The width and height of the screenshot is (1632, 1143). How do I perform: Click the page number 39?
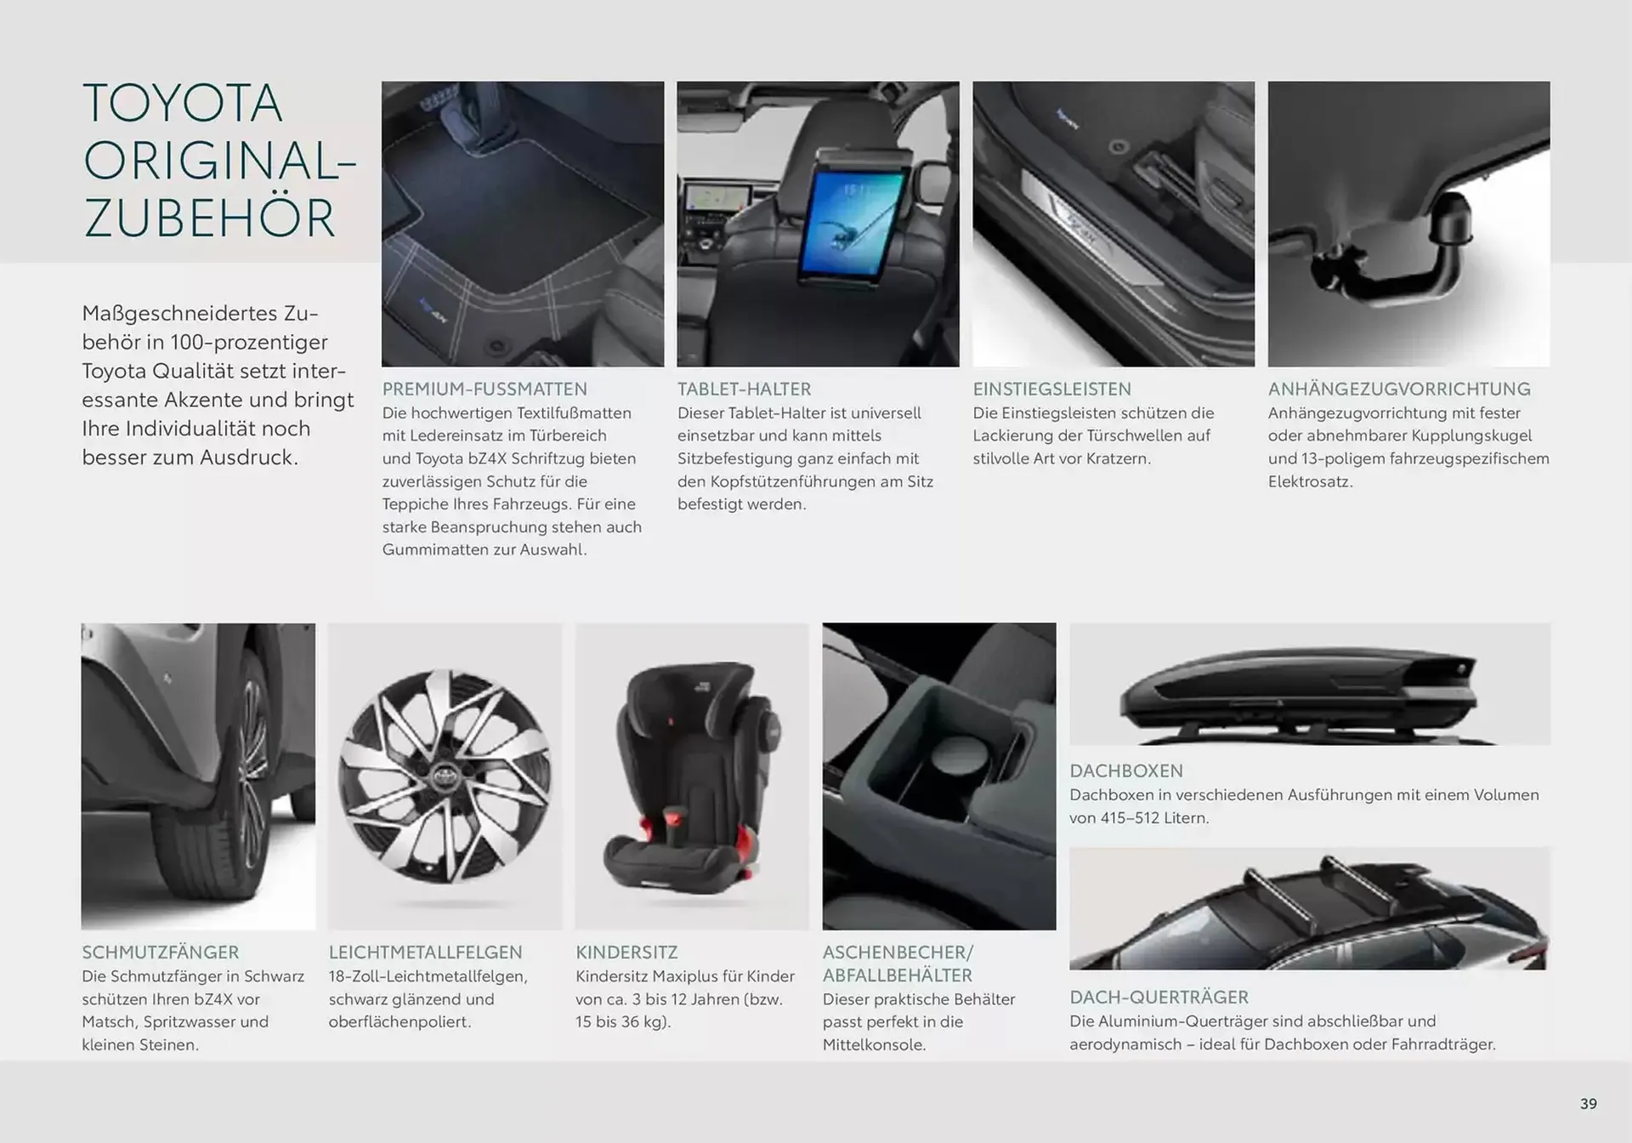[1588, 1104]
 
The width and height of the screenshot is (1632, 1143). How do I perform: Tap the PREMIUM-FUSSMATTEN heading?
[484, 389]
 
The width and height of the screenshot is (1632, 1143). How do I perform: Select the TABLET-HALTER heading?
[744, 389]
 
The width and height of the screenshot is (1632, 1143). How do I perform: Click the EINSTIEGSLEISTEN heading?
[1051, 389]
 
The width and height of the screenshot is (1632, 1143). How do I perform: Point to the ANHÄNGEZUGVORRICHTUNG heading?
[1399, 389]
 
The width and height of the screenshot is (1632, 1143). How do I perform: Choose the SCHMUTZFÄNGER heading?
[161, 952]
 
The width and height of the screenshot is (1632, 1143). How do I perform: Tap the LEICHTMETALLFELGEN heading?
[426, 952]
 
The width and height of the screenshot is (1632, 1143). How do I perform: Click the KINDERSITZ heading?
[626, 952]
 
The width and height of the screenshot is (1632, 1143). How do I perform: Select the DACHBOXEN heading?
[1126, 771]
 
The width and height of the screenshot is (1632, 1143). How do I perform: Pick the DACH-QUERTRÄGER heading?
[1159, 997]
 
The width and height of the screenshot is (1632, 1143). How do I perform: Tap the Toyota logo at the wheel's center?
[443, 776]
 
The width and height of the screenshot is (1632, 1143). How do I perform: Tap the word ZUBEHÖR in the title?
[209, 219]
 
